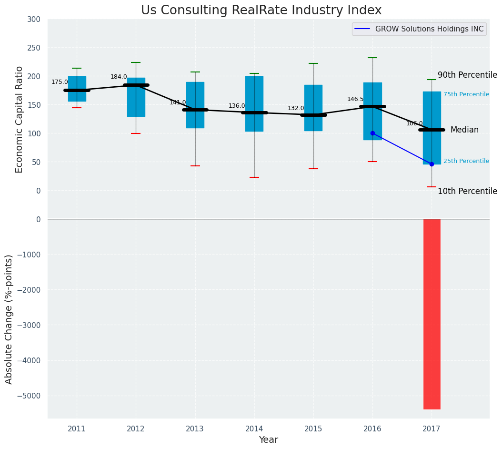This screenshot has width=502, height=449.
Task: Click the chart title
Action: point(261,10)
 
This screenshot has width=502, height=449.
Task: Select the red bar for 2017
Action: point(432,314)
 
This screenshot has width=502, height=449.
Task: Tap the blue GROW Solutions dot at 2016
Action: point(372,133)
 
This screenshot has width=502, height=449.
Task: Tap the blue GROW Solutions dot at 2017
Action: point(432,164)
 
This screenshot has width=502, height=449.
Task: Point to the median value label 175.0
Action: point(60,82)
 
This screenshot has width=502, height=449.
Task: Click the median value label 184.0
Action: point(119,77)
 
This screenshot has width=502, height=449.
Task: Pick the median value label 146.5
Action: point(355,99)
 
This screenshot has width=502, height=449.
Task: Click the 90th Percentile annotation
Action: point(467,75)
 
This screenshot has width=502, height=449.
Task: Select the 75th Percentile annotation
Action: point(466,94)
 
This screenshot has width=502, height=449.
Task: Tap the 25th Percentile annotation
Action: point(466,161)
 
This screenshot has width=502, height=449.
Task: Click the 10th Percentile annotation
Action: point(467,192)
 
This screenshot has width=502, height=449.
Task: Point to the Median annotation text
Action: point(464,130)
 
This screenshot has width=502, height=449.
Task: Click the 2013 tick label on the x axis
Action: point(195,429)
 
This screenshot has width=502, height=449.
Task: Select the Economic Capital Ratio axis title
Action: point(20,119)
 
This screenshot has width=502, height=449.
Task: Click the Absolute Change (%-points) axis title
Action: point(9,319)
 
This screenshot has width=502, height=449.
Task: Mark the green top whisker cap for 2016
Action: point(372,58)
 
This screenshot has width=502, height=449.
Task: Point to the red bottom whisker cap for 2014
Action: point(254,177)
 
